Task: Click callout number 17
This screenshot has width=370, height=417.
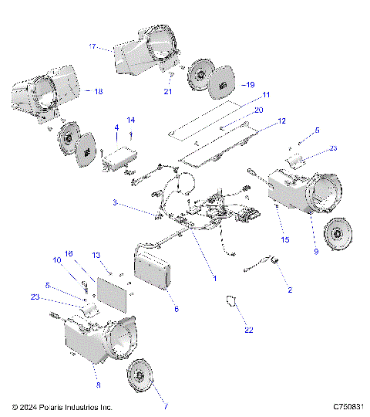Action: pos(92,47)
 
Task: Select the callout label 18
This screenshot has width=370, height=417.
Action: pos(97,91)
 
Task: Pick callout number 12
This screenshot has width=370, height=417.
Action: pos(281,121)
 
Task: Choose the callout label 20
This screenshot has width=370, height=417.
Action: pos(258,110)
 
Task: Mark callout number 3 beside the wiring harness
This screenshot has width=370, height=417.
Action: pos(116,202)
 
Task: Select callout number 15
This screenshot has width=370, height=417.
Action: pos(286,241)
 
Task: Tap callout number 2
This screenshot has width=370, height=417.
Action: pos(289,290)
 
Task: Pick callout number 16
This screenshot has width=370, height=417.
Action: pos(68,253)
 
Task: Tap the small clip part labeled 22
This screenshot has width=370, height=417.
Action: pos(230,300)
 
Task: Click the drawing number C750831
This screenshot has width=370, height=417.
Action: pos(348,406)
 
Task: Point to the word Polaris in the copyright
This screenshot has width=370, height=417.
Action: pos(53,406)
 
